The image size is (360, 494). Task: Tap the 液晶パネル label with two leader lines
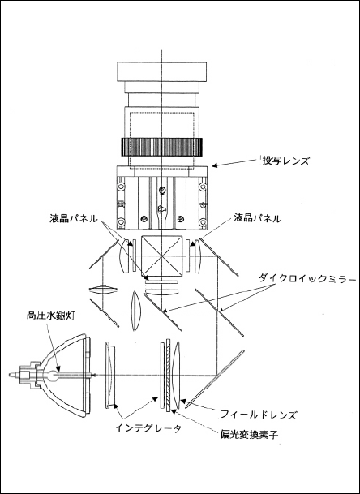[x=74, y=219]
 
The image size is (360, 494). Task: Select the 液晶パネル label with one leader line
[x=257, y=217]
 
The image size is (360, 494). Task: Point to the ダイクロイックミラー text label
[x=307, y=279]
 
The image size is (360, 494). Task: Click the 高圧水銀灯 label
[x=51, y=316]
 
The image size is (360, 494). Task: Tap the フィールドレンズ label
[x=258, y=415]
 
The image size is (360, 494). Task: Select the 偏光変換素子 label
[x=249, y=435]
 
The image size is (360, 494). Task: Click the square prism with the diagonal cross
[x=162, y=256]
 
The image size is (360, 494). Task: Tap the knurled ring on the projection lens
[x=161, y=147]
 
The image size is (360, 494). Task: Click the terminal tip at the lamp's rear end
[x=11, y=375]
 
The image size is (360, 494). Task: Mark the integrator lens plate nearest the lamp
[x=110, y=375]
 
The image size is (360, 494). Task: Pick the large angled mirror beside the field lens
[x=215, y=379]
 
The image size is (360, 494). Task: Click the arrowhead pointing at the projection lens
[x=213, y=165]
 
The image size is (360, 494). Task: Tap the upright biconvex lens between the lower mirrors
[x=135, y=311]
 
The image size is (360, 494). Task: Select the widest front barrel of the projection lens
[x=161, y=72]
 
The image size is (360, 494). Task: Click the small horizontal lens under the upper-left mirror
[x=103, y=290]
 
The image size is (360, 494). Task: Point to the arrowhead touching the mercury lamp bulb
[x=58, y=369]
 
